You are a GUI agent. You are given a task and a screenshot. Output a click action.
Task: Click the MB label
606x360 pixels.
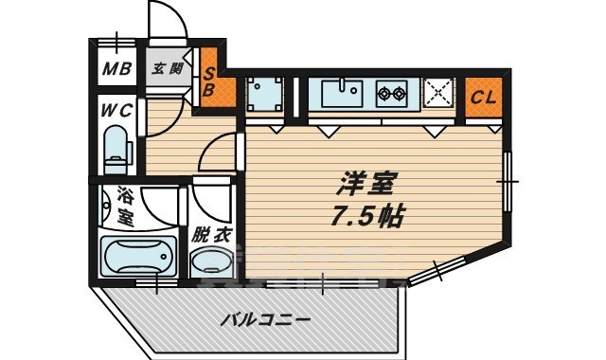click(x=116, y=69)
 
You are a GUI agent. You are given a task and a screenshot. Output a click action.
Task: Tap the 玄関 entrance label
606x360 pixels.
click(x=169, y=68)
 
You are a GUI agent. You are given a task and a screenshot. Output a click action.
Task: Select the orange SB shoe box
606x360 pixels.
click(x=211, y=81)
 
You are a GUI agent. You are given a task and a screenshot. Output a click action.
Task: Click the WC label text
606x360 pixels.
click(x=116, y=110)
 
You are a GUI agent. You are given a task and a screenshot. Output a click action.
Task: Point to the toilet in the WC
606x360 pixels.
click(x=116, y=151)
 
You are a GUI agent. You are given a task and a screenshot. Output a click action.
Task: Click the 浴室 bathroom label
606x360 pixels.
click(x=124, y=207)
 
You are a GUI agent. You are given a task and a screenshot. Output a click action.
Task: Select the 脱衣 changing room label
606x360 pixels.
click(x=211, y=233)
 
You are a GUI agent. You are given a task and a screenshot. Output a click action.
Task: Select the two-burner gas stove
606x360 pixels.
click(x=393, y=93)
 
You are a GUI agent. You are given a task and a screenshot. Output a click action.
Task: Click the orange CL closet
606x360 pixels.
click(x=483, y=97)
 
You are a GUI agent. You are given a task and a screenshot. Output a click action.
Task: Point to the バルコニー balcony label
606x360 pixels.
click(x=265, y=320)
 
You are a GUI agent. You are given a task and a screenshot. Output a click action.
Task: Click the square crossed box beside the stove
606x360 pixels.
click(x=438, y=94)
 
